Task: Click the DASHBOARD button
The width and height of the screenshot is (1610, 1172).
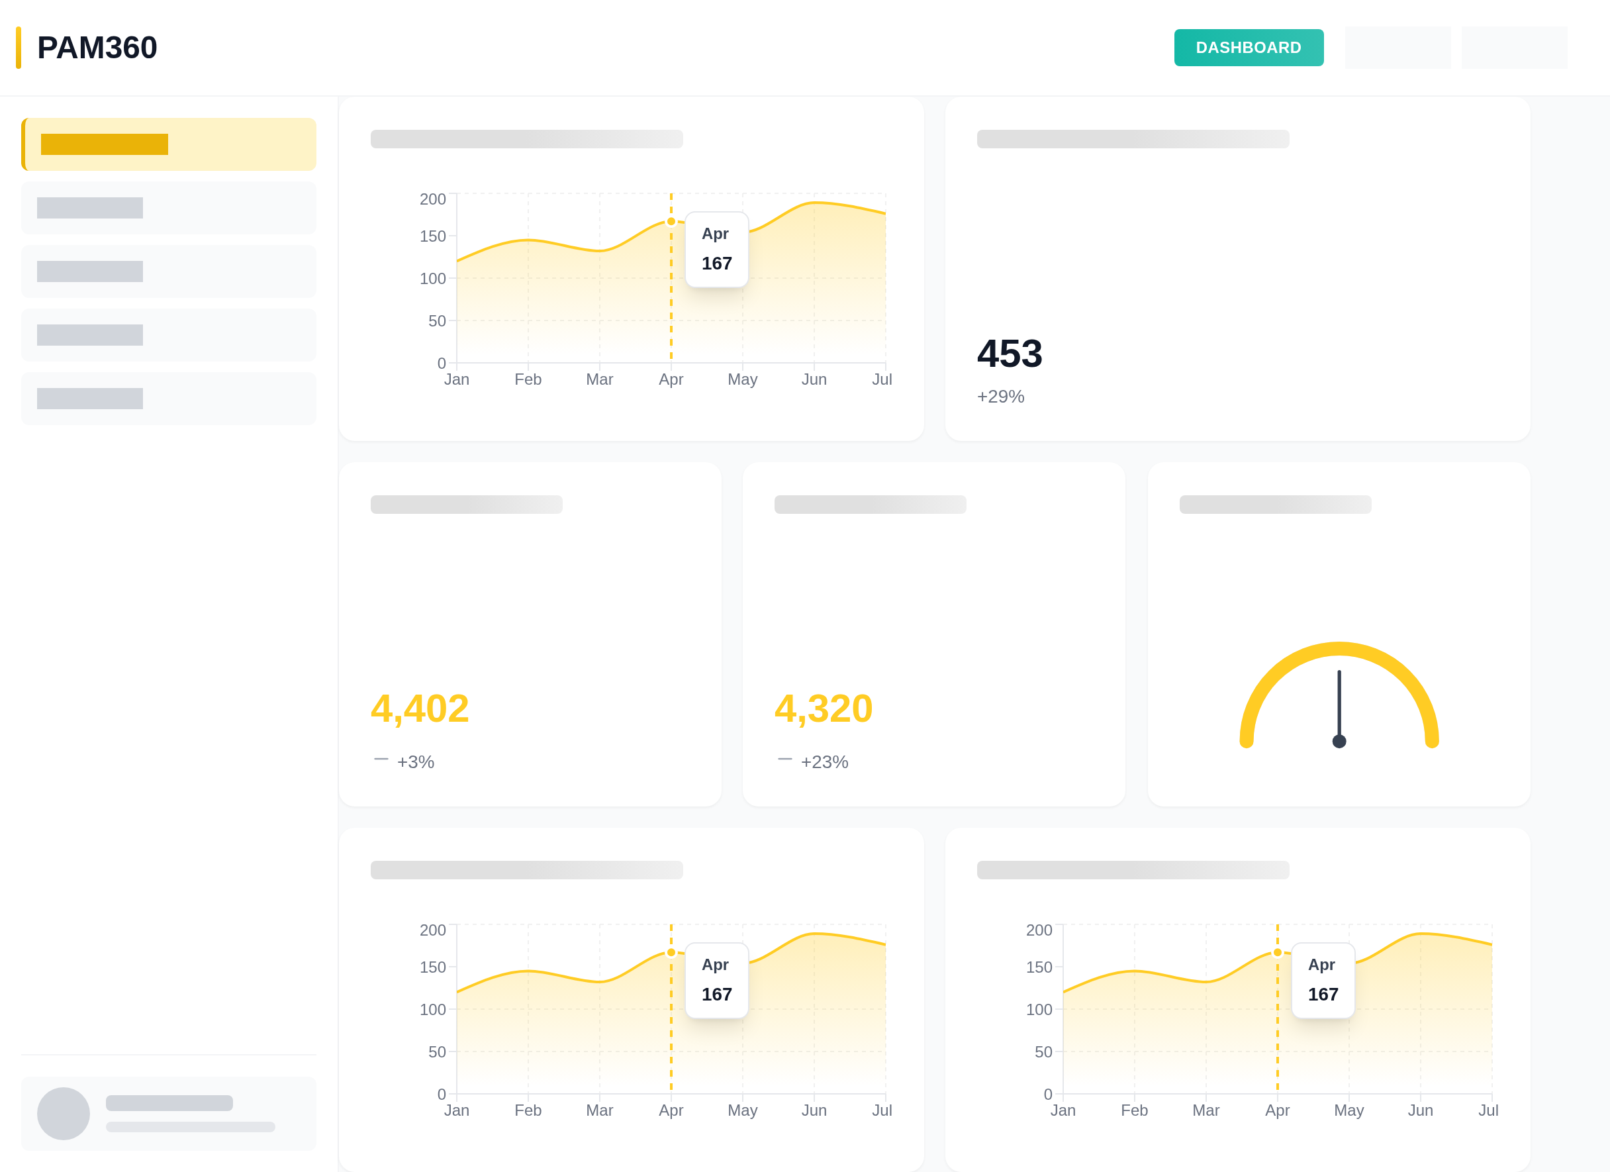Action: click(1248, 48)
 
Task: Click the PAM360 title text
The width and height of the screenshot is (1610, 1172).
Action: click(97, 48)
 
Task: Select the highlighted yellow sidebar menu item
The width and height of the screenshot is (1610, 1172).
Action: click(169, 144)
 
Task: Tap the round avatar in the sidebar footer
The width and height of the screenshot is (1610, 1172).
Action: click(63, 1113)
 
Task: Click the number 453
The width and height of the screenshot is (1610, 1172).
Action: click(1009, 354)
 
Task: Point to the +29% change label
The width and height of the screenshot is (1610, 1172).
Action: click(1000, 396)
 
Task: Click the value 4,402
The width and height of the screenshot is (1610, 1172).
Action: click(420, 708)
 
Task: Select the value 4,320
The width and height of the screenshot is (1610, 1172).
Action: click(823, 708)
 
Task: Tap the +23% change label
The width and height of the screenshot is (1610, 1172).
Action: click(824, 761)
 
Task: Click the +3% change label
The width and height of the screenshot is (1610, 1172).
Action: click(415, 761)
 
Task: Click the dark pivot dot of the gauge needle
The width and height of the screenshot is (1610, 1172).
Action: click(1339, 741)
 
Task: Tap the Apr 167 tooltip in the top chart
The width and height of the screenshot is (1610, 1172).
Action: click(716, 249)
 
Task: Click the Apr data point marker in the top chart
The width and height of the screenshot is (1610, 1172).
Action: click(671, 221)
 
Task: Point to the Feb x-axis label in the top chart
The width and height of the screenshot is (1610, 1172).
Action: click(528, 379)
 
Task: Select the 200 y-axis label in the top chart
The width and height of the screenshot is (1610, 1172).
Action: click(432, 199)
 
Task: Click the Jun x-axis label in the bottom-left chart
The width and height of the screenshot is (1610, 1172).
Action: click(814, 1110)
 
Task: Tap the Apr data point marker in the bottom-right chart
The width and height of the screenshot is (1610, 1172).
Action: click(1277, 953)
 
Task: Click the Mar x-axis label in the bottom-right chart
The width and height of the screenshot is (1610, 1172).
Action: click(1206, 1110)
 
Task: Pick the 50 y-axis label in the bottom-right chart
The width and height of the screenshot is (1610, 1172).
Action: click(1043, 1052)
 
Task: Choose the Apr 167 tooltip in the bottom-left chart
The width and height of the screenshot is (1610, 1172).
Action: click(716, 981)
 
